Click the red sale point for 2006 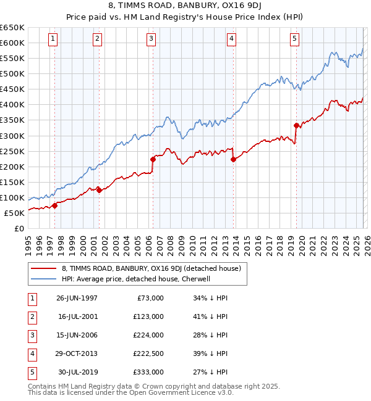pos(153,159)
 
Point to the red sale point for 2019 pos(296,125)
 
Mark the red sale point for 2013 pos(233,160)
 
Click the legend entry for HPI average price pos(136,279)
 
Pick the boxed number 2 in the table pos(32,316)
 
